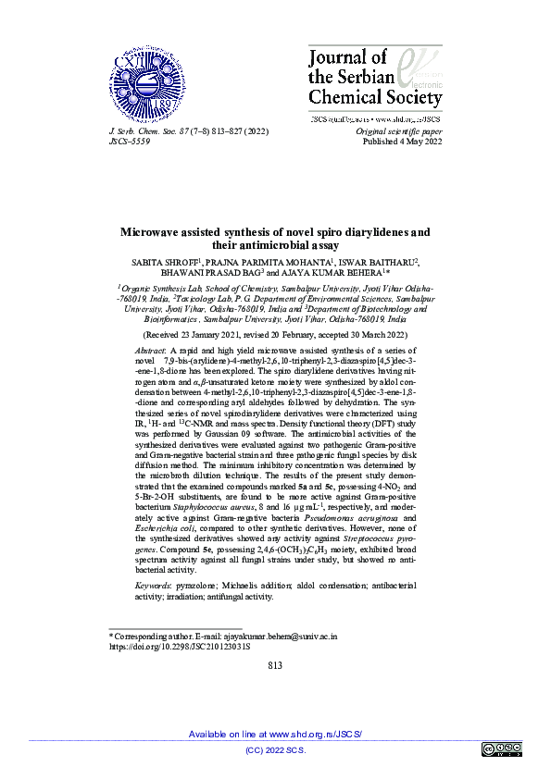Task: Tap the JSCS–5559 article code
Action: click(130, 142)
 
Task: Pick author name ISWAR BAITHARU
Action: click(376, 262)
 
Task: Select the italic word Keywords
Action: click(154, 586)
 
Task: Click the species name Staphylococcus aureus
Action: click(208, 508)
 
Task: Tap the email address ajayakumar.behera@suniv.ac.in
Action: click(278, 637)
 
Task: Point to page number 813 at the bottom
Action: click(275, 665)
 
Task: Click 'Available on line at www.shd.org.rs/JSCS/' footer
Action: click(275, 734)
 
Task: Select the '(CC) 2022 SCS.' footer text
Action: click(275, 749)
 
